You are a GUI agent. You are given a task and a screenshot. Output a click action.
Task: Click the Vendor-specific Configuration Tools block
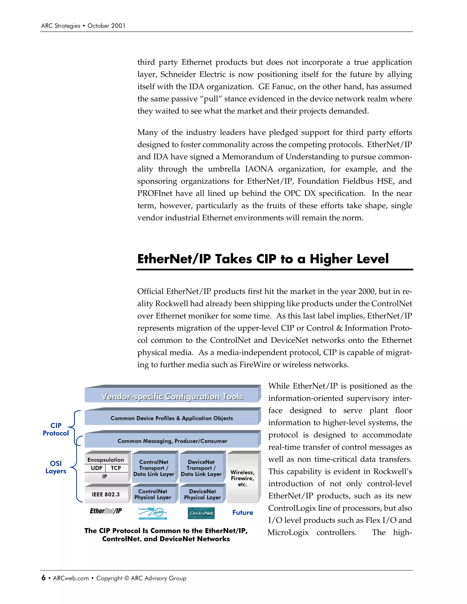172,396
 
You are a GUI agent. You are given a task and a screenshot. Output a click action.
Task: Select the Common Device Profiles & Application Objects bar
171,418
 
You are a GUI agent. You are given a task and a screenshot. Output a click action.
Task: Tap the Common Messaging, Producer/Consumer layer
172,441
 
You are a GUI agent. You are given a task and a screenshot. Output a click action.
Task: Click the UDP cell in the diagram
96,468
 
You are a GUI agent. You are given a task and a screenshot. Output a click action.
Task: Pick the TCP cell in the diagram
116,468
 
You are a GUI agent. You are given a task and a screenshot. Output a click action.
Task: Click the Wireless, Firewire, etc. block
242,478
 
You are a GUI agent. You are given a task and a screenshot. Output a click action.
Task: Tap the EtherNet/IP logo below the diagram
106,511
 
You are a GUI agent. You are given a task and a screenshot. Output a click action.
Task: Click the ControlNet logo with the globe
153,513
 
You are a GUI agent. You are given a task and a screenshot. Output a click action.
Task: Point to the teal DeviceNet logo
201,513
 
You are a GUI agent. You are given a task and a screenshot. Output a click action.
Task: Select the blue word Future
243,512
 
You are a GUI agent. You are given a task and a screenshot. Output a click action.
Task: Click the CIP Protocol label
56,429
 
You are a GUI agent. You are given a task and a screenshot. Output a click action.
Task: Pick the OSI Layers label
56,467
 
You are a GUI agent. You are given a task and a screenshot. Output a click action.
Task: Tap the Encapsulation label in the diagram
106,460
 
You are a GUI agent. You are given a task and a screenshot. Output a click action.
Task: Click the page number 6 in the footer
43,578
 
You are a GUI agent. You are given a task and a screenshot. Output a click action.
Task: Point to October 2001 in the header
106,26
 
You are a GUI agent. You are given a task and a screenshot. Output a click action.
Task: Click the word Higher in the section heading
331,259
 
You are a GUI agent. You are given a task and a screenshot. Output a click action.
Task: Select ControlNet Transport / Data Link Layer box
154,468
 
